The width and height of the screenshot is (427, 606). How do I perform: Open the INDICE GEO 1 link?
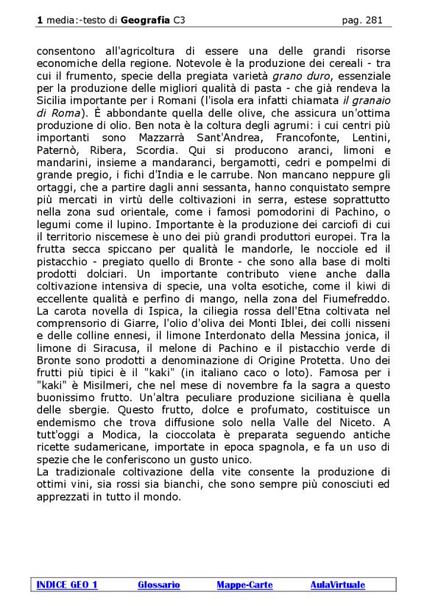point(67,585)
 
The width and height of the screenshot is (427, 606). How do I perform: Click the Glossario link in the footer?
point(158,585)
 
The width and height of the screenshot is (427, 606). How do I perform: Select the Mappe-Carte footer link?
point(244,585)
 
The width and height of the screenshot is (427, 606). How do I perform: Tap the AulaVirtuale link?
point(337,585)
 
